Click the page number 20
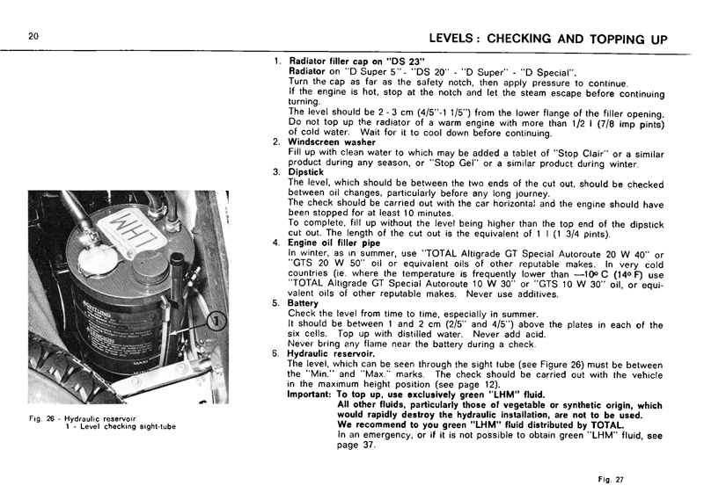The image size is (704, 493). coord(33,36)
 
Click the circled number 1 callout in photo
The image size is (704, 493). coord(217,321)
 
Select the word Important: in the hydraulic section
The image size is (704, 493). coord(311,395)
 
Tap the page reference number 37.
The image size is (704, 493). coord(366,445)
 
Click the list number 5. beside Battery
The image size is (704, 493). coord(275,302)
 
